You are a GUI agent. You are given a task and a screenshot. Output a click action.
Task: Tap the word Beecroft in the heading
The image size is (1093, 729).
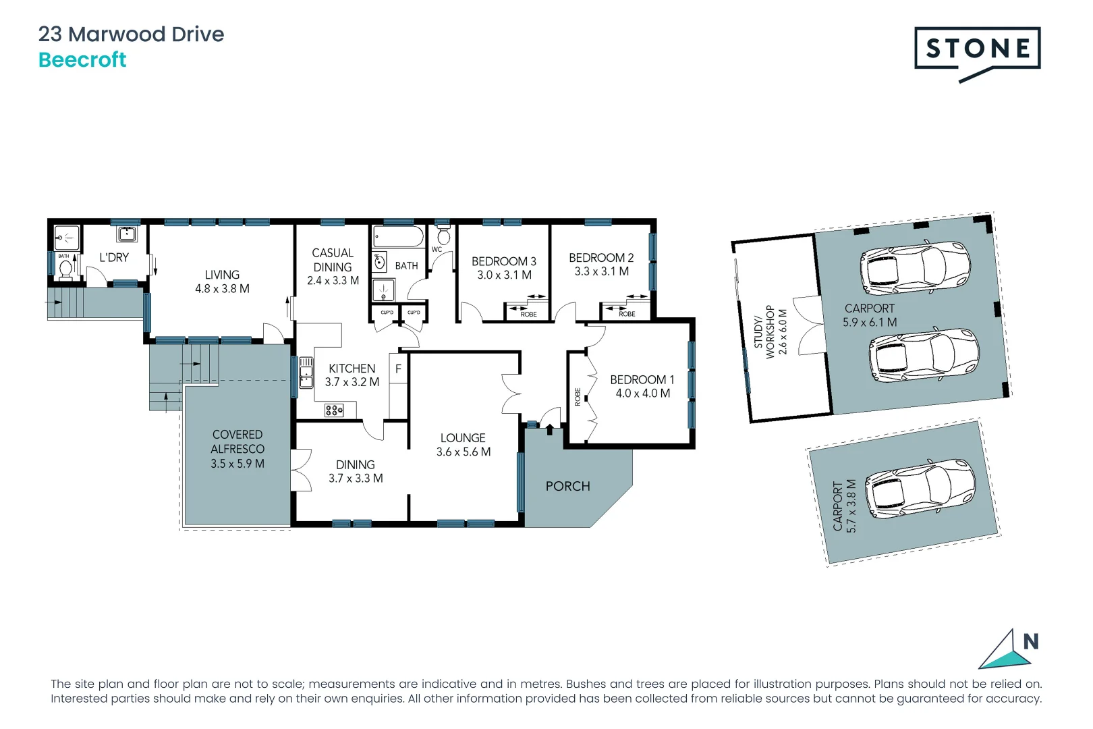click(82, 60)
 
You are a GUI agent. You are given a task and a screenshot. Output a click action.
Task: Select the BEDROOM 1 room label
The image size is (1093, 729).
click(642, 380)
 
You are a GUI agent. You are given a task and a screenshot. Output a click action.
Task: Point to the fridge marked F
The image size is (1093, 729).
click(398, 369)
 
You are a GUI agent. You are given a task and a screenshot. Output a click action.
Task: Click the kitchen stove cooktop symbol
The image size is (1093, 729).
click(334, 410)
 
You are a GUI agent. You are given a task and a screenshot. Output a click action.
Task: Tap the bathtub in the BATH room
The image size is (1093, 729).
click(398, 238)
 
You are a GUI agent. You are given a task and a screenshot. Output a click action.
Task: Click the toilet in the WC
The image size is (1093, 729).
click(443, 236)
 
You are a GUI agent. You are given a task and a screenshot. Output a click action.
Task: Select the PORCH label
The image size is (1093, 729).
click(567, 487)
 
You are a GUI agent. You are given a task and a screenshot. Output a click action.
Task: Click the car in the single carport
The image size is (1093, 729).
click(920, 488)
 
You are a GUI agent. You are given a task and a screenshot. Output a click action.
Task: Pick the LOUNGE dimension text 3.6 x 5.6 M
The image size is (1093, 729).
click(463, 452)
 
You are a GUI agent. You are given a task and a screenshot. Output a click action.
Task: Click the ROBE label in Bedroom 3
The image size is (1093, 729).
click(528, 315)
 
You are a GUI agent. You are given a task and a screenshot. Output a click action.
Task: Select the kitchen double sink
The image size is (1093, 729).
click(306, 373)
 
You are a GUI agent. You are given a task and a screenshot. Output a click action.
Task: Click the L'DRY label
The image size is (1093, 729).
click(114, 258)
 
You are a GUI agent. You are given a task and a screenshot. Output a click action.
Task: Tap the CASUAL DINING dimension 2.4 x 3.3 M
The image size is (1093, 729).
click(333, 281)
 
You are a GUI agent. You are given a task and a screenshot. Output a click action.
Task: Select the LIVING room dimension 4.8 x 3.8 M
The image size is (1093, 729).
click(222, 289)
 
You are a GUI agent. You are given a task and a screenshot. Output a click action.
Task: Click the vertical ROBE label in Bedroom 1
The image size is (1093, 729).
click(578, 397)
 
